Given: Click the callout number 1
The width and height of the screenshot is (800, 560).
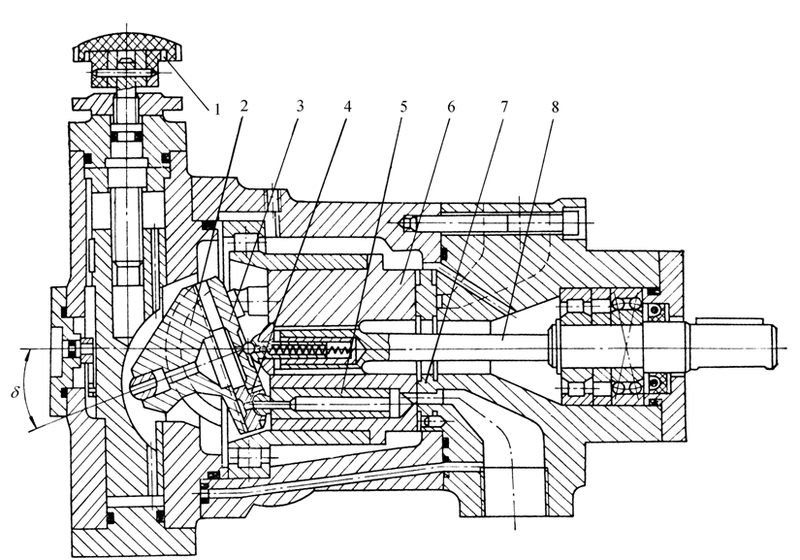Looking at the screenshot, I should point(217,109).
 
